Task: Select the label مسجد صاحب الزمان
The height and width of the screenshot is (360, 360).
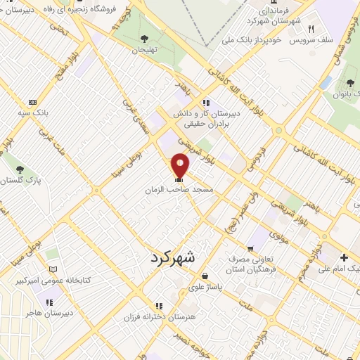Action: tap(179, 190)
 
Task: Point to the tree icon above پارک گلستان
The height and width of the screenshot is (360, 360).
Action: tap(20, 169)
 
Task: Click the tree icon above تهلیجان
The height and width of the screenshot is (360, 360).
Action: tap(144, 39)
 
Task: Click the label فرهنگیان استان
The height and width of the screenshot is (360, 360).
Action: tap(259, 269)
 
